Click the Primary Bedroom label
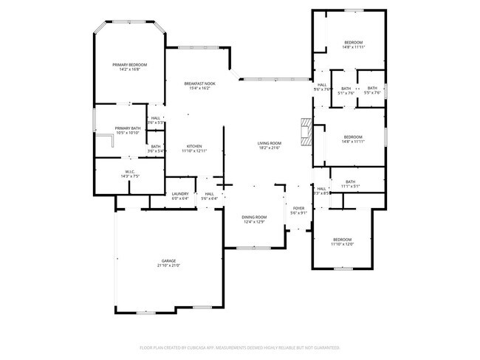(x=129, y=65)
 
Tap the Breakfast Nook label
(x=199, y=84)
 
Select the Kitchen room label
(x=194, y=146)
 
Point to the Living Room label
(x=270, y=143)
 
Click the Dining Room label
(x=254, y=217)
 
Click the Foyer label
(x=299, y=209)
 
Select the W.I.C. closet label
(x=129, y=172)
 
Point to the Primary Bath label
(x=127, y=128)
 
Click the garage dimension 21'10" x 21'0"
(x=170, y=266)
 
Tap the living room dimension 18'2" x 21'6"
(x=270, y=148)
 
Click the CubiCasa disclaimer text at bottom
(x=239, y=347)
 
